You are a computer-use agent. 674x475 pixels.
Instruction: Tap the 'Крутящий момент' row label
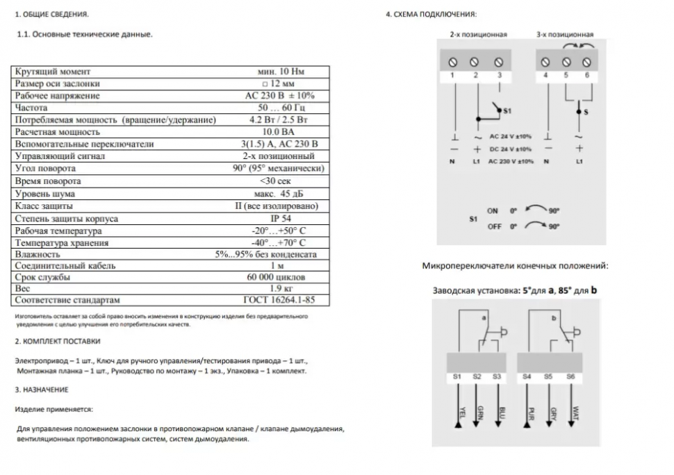tap(53, 72)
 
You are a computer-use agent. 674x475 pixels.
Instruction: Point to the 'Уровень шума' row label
tap(44, 194)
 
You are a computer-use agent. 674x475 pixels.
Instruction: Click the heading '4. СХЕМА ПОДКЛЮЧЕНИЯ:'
tap(431, 14)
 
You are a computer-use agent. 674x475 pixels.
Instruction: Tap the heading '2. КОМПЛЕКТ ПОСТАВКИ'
tap(58, 342)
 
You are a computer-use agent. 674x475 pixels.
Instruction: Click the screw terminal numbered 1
tap(452, 61)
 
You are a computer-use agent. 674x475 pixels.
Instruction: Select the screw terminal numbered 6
tap(587, 61)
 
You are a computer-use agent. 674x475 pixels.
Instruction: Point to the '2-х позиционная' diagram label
tap(478, 34)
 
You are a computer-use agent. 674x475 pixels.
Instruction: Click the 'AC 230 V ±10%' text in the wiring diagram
tap(511, 162)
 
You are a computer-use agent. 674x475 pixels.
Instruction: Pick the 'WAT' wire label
tap(575, 412)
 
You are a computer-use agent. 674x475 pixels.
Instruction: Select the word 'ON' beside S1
tap(493, 211)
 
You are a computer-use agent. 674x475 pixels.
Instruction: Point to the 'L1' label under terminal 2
tap(477, 162)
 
